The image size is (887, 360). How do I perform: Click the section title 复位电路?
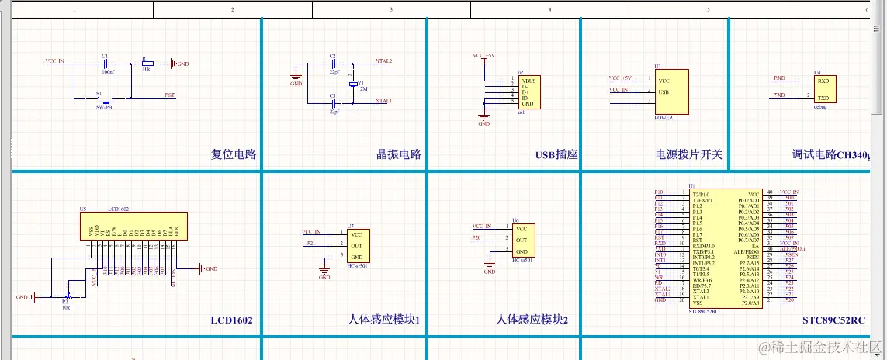pyautogui.click(x=234, y=154)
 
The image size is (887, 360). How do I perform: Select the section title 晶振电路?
pyautogui.click(x=398, y=154)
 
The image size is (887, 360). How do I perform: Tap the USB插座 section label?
pyautogui.click(x=556, y=154)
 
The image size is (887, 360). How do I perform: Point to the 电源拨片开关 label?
pyautogui.click(x=689, y=154)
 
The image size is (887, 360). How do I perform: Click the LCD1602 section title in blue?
pyautogui.click(x=231, y=320)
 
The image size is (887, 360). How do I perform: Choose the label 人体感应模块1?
pyautogui.click(x=383, y=320)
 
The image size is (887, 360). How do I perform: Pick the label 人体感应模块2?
pyautogui.click(x=532, y=320)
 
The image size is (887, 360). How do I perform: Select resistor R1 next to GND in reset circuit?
pyautogui.click(x=147, y=64)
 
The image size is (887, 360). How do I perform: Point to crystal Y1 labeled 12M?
pyautogui.click(x=353, y=84)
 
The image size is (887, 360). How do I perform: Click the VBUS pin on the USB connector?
pyautogui.click(x=528, y=81)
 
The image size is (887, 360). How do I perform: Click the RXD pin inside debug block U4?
pyautogui.click(x=823, y=81)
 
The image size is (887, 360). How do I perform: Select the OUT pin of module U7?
pyautogui.click(x=356, y=245)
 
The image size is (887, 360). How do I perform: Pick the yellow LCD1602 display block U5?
pyautogui.click(x=134, y=226)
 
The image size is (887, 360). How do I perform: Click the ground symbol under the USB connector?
pyautogui.click(x=483, y=118)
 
